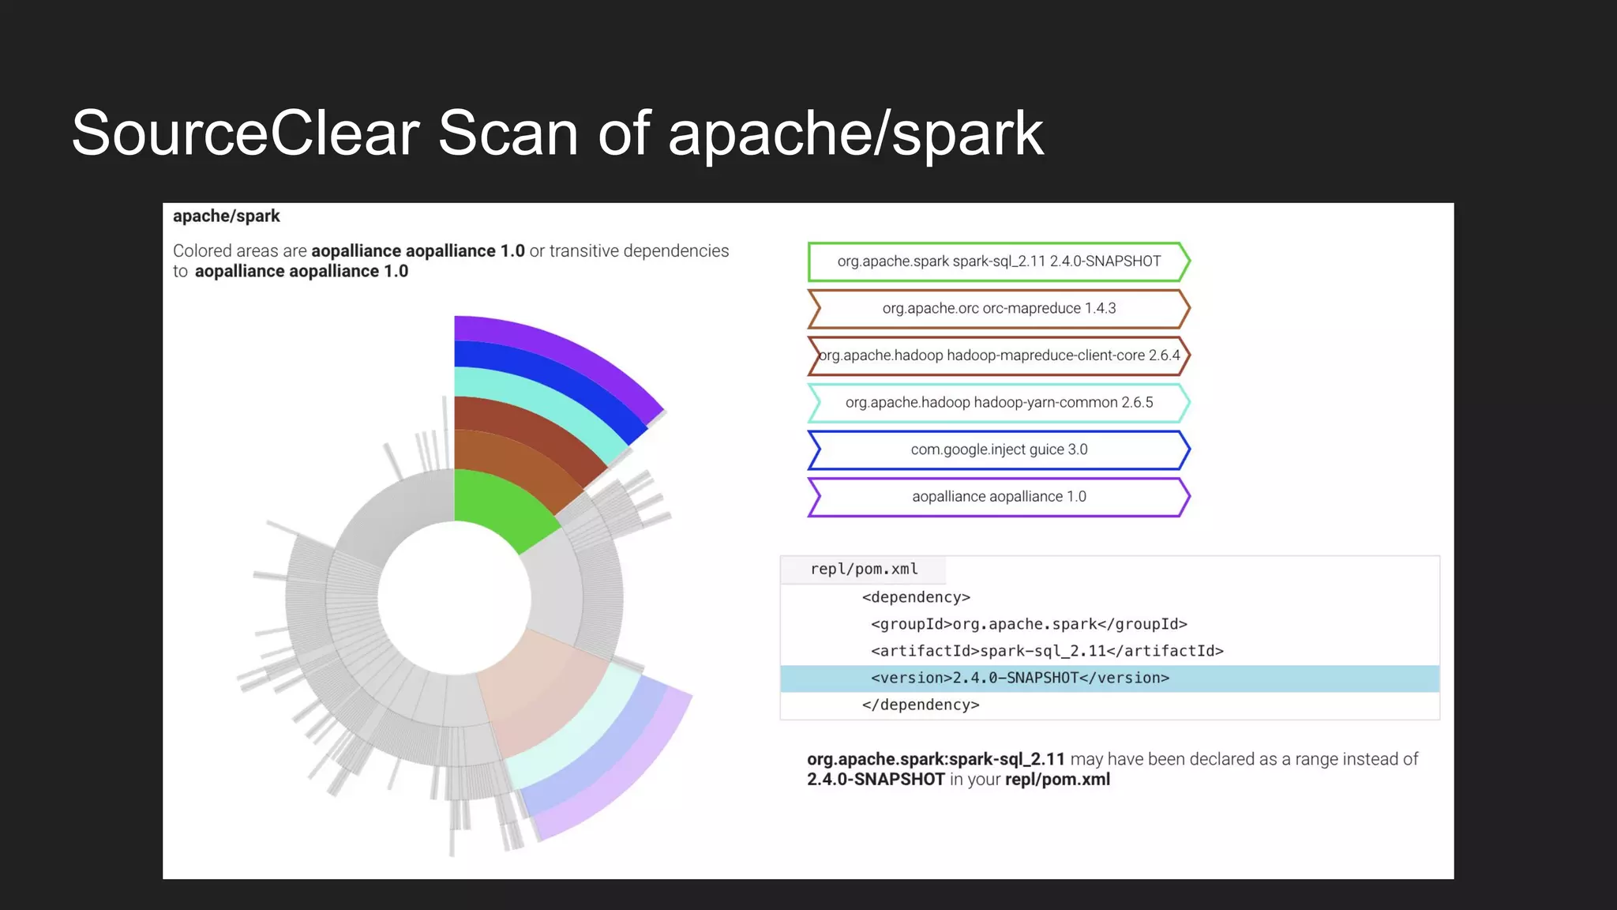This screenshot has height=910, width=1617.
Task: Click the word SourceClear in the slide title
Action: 245,133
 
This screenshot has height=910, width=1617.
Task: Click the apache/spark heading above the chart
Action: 226,216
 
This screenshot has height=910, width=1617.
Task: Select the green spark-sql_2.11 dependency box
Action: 999,261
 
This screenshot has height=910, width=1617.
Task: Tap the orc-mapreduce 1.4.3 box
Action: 999,309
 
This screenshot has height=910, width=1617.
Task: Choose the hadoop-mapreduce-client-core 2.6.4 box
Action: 999,355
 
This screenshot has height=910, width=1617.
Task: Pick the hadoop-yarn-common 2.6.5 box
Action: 999,403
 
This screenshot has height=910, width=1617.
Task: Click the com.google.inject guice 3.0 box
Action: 999,449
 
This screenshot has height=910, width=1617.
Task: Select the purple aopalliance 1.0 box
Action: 999,497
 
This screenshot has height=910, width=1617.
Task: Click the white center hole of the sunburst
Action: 454,597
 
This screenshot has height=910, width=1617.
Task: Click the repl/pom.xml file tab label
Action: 864,570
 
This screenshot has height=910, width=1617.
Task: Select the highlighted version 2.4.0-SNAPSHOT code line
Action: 1019,678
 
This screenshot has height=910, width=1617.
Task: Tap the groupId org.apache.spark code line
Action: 1029,624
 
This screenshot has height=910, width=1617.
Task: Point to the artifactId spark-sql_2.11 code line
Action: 1047,651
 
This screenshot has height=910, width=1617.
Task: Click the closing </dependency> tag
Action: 921,705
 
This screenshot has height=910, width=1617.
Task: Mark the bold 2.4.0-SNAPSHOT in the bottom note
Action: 876,780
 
